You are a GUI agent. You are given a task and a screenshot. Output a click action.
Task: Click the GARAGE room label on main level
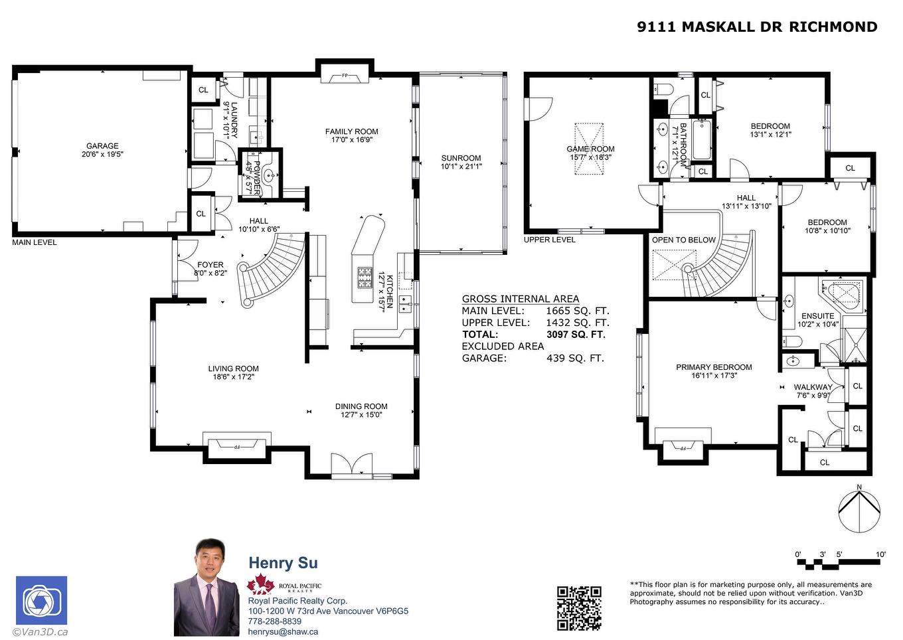click(102, 146)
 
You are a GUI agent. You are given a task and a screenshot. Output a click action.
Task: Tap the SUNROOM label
click(461, 158)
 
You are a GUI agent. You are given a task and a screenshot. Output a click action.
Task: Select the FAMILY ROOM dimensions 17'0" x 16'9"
click(351, 140)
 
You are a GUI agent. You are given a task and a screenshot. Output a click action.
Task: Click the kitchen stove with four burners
click(365, 277)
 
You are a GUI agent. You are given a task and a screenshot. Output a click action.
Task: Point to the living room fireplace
click(236, 447)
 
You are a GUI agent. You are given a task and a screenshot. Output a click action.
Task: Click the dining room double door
click(352, 465)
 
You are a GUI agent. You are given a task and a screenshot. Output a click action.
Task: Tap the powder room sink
click(269, 176)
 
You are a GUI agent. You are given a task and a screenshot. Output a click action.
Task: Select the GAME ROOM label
click(590, 149)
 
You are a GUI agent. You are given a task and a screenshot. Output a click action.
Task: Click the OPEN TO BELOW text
click(684, 240)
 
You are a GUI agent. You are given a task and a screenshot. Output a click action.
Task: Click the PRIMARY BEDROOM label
click(714, 367)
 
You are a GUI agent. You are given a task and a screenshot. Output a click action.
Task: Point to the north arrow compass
click(859, 512)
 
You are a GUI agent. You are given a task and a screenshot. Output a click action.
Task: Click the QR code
click(579, 607)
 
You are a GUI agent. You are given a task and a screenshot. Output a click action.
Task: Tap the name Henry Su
click(283, 563)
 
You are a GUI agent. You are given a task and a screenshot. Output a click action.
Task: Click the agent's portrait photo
click(206, 588)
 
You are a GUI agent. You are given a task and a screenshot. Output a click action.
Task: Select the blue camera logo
click(41, 601)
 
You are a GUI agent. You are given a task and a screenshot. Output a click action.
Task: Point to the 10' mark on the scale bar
click(880, 554)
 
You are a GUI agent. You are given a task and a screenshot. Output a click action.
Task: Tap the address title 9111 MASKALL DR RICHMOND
click(757, 27)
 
